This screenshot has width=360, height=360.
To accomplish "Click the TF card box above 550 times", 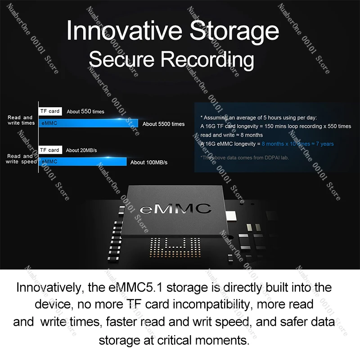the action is pos(49,111).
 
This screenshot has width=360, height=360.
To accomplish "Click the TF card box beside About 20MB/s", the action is pos(49,150).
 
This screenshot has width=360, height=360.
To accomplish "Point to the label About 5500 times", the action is pos(163,124).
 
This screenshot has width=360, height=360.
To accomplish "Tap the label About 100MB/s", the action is pos(149,162).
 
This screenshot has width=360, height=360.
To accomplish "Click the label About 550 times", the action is pos(85,112).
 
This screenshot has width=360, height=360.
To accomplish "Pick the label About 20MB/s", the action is pos(82,150).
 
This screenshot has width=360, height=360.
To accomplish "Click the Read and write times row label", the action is pos(21,120).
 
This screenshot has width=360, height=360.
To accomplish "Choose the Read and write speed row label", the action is pos(21,159).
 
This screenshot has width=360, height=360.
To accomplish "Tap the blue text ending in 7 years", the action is pos(297,144).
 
